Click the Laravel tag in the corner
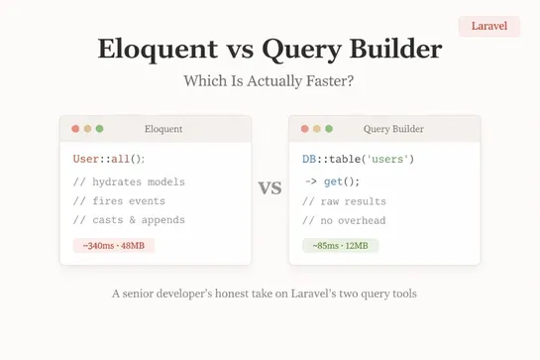pyautogui.click(x=489, y=26)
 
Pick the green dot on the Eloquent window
pyautogui.click(x=99, y=129)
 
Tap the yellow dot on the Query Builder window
pyautogui.click(x=316, y=129)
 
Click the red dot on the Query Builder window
pyautogui.click(x=304, y=129)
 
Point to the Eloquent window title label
pyautogui.click(x=163, y=129)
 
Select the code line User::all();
pyautogui.click(x=109, y=159)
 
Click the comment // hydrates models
pyautogui.click(x=129, y=181)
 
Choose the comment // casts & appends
pyautogui.click(x=129, y=220)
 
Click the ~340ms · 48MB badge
pyautogui.click(x=114, y=245)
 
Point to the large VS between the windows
pyautogui.click(x=270, y=188)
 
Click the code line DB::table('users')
pyautogui.click(x=358, y=159)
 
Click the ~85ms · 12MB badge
pyautogui.click(x=340, y=245)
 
